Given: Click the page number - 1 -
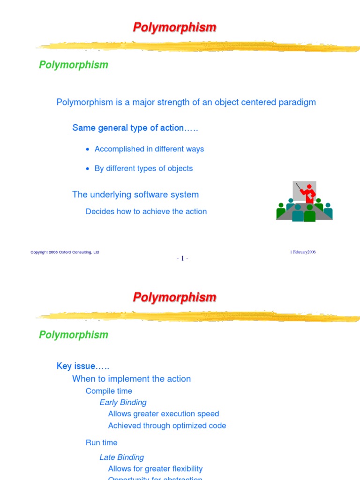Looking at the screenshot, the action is pyautogui.click(x=182, y=258).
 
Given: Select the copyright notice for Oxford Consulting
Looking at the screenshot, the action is pyautogui.click(x=65, y=252).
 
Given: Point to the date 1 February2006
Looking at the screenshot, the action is pyautogui.click(x=303, y=252).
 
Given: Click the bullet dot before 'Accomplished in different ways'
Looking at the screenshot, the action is pyautogui.click(x=88, y=150).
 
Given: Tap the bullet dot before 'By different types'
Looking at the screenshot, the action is pyautogui.click(x=88, y=169).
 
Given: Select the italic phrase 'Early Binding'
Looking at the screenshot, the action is pyautogui.click(x=123, y=402).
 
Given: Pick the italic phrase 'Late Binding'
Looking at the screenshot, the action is pyautogui.click(x=121, y=457).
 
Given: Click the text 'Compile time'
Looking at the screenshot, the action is pyautogui.click(x=109, y=391).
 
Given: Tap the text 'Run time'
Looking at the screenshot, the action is pyautogui.click(x=101, y=442).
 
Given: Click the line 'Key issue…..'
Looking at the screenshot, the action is pyautogui.click(x=83, y=366).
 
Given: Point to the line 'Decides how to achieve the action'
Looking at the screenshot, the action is pyautogui.click(x=146, y=211).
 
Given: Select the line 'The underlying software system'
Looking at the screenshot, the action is pyautogui.click(x=135, y=195).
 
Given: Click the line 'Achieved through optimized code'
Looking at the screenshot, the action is pyautogui.click(x=167, y=426).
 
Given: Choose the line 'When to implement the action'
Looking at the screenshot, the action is pyautogui.click(x=131, y=379).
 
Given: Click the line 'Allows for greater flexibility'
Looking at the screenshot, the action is pyautogui.click(x=155, y=469).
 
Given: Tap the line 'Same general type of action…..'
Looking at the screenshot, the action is pyautogui.click(x=135, y=128).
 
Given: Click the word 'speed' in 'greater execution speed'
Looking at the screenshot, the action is pyautogui.click(x=209, y=414).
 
